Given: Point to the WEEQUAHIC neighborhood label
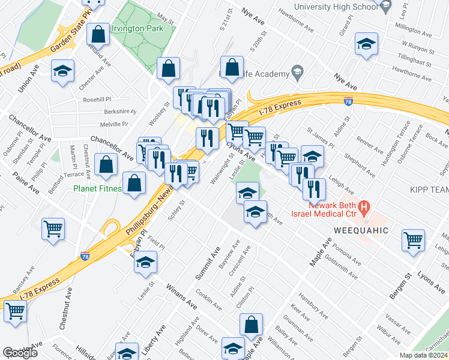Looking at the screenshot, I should click(x=357, y=230).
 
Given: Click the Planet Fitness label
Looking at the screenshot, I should click(x=98, y=188).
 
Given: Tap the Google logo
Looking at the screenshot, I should click(x=20, y=353).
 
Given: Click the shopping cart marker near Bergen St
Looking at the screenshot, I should click(x=414, y=240).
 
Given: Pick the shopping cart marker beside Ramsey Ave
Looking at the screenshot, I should click(x=15, y=311).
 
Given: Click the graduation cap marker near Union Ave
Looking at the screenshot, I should click(x=63, y=71).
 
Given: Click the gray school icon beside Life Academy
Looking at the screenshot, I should click(x=297, y=73).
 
